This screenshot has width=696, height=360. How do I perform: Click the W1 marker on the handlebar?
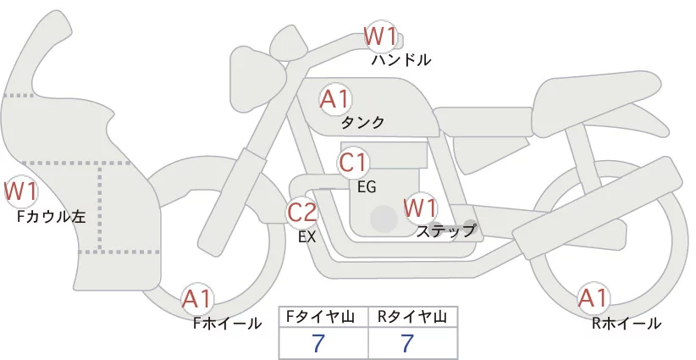tap(380, 36)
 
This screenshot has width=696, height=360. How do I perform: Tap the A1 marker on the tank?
tap(335, 99)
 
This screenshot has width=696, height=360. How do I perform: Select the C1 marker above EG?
tap(353, 163)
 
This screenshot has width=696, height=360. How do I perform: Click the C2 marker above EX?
tap(301, 212)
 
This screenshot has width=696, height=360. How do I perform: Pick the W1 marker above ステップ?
tap(420, 208)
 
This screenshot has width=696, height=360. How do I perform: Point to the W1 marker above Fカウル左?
tap(20, 191)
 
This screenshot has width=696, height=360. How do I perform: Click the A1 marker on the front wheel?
tap(196, 299)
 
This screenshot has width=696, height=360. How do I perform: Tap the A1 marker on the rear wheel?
tap(593, 298)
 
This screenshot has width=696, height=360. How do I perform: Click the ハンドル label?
tap(401, 59)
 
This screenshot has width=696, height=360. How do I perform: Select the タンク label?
tap(362, 123)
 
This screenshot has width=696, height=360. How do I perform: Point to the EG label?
tap(367, 187)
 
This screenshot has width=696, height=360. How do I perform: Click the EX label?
tap(307, 237)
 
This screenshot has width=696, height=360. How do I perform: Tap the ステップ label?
tap(446, 231)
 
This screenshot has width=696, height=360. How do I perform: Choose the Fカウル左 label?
tap(51, 217)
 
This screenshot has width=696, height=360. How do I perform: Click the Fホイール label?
tap(227, 324)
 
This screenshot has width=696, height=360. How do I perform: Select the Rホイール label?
tap(627, 324)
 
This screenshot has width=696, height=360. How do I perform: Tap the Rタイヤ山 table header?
tap(412, 317)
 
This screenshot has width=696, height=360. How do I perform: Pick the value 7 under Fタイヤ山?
tap(318, 343)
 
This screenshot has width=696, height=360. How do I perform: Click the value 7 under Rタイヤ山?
tap(407, 343)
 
